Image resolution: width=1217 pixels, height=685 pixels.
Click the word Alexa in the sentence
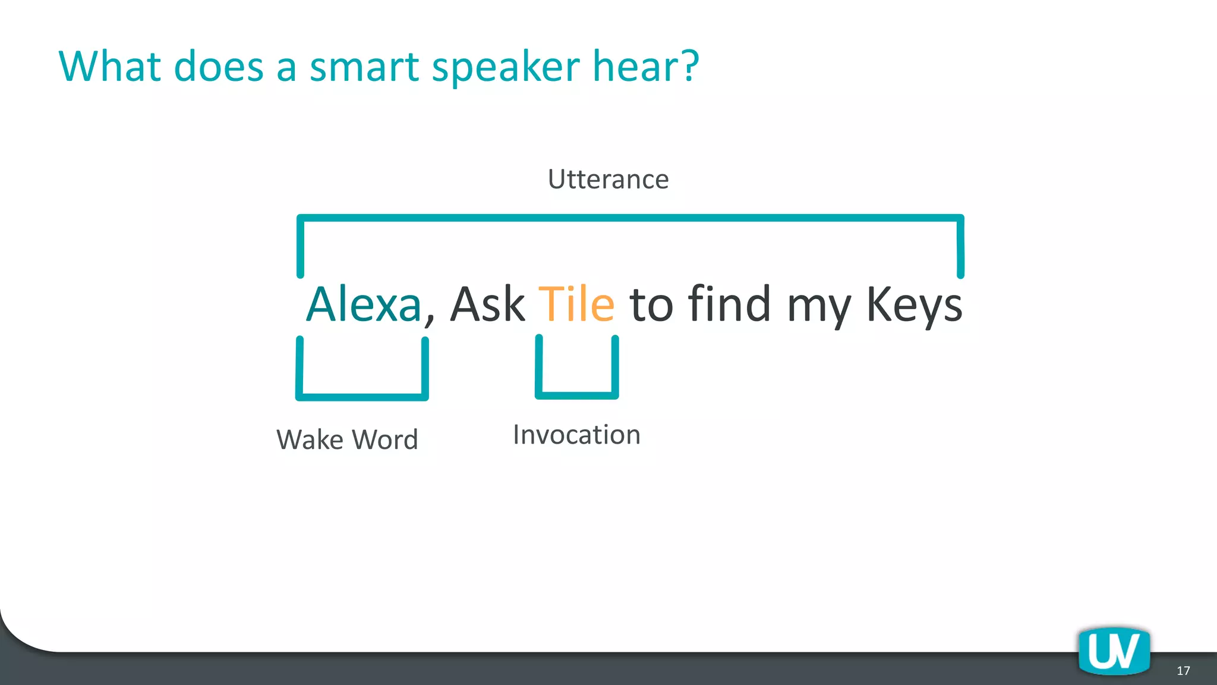coord(364,304)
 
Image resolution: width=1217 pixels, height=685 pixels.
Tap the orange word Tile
coord(576,304)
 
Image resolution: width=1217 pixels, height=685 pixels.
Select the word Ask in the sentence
coord(487,304)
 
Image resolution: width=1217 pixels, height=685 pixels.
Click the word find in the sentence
coord(729,304)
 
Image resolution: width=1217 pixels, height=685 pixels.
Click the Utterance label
coord(608,179)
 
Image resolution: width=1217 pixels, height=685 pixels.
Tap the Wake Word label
coord(348,440)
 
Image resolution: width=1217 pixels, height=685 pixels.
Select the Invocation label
coord(576,435)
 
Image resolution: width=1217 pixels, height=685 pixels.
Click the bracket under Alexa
coord(362,396)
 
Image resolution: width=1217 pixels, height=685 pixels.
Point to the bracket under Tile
coord(576,394)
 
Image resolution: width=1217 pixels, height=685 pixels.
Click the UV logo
coord(1114,651)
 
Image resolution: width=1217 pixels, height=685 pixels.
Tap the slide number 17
coord(1183,671)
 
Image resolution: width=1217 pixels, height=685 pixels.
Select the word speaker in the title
coord(505,67)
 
